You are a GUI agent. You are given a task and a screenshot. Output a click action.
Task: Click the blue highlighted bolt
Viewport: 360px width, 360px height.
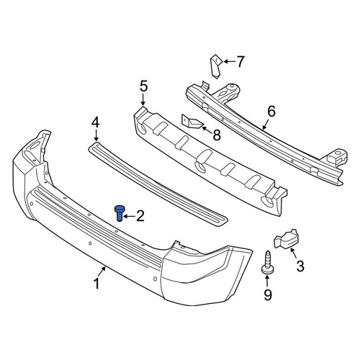pyautogui.click(x=119, y=213)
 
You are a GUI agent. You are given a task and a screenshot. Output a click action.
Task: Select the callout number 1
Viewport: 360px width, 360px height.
pyautogui.click(x=96, y=284)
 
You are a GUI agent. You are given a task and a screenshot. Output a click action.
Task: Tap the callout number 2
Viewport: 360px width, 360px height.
pyautogui.click(x=140, y=216)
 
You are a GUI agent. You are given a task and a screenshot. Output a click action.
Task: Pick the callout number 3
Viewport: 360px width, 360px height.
pyautogui.click(x=300, y=266)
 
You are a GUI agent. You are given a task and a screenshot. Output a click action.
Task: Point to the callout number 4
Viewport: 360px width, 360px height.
pyautogui.click(x=95, y=122)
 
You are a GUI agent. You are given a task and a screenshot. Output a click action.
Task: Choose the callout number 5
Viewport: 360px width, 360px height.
pyautogui.click(x=143, y=86)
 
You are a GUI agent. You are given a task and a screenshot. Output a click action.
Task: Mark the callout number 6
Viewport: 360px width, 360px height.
pyautogui.click(x=271, y=112)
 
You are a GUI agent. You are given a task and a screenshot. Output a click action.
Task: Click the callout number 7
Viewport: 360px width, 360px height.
pyautogui.click(x=240, y=62)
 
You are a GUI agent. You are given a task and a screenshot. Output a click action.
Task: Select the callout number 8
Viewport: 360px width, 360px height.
pyautogui.click(x=217, y=135)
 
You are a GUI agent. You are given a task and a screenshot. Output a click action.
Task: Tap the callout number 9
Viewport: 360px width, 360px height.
pyautogui.click(x=268, y=294)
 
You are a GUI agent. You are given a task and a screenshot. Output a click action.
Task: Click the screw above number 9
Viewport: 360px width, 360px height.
pyautogui.click(x=267, y=262)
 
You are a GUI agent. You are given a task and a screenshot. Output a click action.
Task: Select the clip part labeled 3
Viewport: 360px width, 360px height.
pyautogui.click(x=286, y=238)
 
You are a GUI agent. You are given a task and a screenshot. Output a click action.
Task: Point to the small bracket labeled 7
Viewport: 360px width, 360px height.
pyautogui.click(x=215, y=66)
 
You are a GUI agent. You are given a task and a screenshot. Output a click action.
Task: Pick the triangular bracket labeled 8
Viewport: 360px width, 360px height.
pyautogui.click(x=192, y=121)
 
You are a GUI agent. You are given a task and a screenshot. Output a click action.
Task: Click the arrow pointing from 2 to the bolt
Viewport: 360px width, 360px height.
pyautogui.click(x=129, y=217)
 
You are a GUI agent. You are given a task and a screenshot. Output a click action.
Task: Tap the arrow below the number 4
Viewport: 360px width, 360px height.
pyautogui.click(x=96, y=135)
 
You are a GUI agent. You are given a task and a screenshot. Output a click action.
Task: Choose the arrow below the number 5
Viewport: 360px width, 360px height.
pyautogui.click(x=143, y=99)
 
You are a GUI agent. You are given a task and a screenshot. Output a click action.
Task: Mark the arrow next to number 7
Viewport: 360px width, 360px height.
pyautogui.click(x=229, y=62)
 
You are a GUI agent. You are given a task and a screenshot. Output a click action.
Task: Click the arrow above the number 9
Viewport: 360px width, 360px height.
pyautogui.click(x=267, y=281)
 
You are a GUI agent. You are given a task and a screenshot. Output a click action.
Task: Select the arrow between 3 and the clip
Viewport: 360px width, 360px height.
pyautogui.click(x=293, y=253)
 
